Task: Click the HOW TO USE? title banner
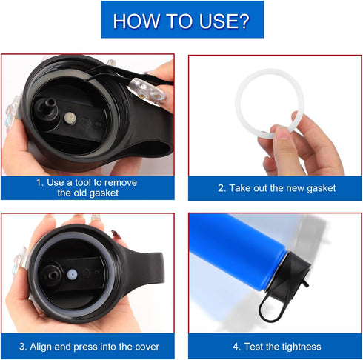(181, 20)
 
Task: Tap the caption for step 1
(87, 187)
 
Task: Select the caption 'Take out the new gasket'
(276, 188)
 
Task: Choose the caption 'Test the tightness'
(275, 346)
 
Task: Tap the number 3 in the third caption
(23, 346)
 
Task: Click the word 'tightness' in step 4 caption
(299, 346)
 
